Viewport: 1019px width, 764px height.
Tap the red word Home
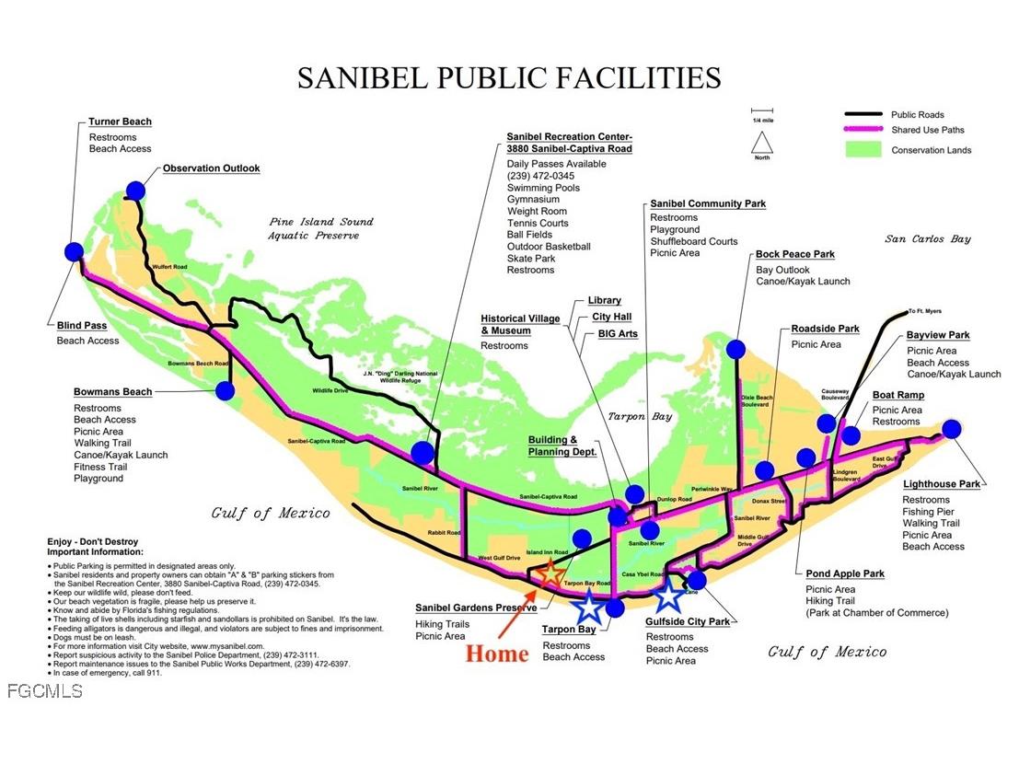coord(496,654)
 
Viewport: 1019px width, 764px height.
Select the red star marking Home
coord(550,574)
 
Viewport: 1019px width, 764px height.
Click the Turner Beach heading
coord(120,122)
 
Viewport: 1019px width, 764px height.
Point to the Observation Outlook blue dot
coord(135,191)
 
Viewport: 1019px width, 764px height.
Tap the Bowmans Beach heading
coord(112,392)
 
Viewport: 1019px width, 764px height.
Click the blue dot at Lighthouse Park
coord(952,428)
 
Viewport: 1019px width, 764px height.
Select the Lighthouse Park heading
coord(941,483)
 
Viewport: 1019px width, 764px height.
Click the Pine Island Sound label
coord(321,222)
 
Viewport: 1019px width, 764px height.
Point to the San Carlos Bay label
coord(928,239)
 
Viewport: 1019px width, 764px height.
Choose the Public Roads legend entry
coord(917,115)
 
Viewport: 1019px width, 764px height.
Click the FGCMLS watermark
coord(44,690)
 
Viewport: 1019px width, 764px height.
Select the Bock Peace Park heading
coord(794,254)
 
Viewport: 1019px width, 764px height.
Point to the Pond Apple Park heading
coord(844,573)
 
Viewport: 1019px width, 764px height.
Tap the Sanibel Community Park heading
coord(707,203)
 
